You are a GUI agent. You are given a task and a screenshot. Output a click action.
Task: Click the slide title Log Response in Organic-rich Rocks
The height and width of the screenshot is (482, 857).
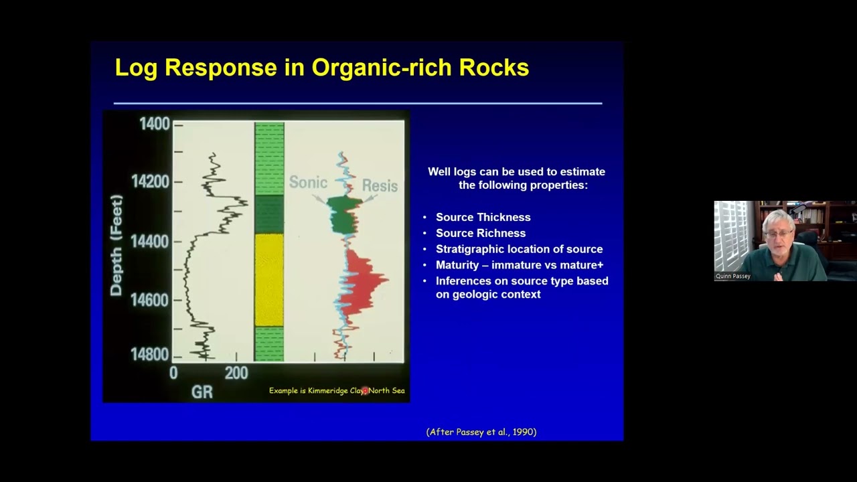[x=321, y=68]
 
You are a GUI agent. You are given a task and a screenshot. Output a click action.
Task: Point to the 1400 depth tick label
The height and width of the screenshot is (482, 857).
[x=154, y=124]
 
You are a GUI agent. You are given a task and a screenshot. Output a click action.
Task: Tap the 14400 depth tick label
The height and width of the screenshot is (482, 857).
[x=149, y=241]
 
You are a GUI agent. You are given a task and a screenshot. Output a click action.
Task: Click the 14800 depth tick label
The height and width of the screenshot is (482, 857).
[x=149, y=354]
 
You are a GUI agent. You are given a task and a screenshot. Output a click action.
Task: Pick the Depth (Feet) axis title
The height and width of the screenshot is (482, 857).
[x=117, y=245]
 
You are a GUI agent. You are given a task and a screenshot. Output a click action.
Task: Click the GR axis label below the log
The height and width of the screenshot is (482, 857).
[x=202, y=392]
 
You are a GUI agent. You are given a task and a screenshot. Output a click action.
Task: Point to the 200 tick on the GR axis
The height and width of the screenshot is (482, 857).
[x=236, y=373]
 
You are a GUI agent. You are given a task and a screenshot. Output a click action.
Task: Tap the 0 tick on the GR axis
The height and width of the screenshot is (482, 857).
[x=174, y=373]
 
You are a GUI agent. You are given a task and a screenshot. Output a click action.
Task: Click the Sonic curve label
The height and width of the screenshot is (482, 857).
[x=307, y=183]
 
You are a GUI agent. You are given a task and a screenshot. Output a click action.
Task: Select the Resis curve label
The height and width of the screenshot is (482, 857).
[x=380, y=185]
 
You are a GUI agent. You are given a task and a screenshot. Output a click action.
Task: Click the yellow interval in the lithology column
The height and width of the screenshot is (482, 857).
[x=269, y=279]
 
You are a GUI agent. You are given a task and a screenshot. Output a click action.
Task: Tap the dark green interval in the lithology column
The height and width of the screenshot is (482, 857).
[x=269, y=214]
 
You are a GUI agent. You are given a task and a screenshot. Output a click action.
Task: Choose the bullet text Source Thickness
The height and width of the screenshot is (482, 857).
[x=483, y=217]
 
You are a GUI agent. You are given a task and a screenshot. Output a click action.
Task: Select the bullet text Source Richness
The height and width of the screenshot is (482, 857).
[x=480, y=233]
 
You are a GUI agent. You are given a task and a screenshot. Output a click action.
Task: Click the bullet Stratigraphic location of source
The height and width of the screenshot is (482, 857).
[x=519, y=249]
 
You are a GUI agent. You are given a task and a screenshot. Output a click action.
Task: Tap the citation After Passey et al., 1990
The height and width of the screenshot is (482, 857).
[x=481, y=432]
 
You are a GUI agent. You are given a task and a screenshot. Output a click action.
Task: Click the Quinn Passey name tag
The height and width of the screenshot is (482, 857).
[x=732, y=276]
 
